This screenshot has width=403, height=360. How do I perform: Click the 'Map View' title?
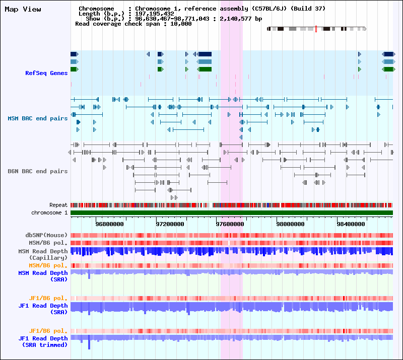pos(23,10)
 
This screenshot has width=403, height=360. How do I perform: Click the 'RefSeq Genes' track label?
pos(46,73)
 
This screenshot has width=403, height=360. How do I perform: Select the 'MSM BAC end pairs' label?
pos(37,118)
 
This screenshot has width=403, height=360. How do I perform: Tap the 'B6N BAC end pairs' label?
pos(37,171)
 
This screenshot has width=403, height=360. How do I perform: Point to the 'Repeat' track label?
pos(58,205)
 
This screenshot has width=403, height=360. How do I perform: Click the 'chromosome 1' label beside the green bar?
pos(49,213)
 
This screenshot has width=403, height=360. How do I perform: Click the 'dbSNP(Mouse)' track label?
pos(46,235)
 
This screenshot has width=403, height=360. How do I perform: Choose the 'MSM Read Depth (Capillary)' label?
pos(43,254)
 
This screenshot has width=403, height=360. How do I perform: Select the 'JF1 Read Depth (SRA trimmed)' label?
pos(43,341)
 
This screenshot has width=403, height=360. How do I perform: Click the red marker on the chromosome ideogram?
pos(316,29)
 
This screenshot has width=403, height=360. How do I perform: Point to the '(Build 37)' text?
pos(308,9)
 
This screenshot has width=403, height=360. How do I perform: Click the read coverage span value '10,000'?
pos(181,24)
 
